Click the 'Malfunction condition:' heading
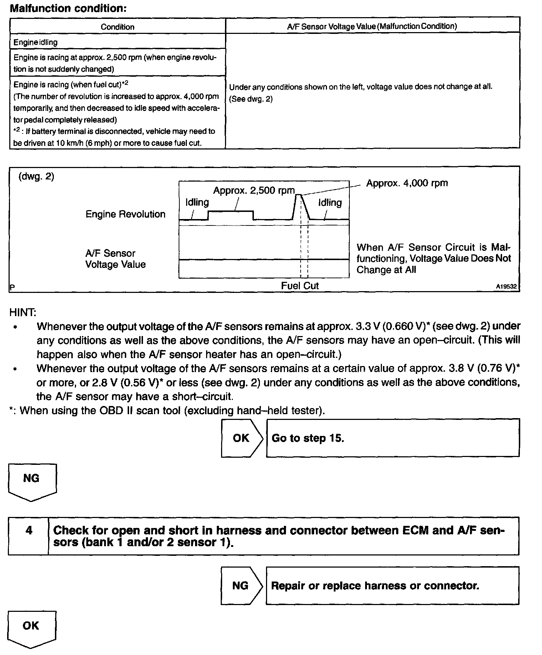click(68, 8)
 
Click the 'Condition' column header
click(117, 27)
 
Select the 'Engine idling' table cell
click(35, 42)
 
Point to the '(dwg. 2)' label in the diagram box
click(36, 177)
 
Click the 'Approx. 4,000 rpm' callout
click(407, 183)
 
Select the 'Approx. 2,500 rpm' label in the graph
click(254, 191)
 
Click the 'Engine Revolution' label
click(126, 214)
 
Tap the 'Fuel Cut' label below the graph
click(300, 285)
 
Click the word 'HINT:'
click(23, 312)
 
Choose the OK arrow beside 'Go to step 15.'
click(241, 438)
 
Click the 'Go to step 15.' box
click(393, 438)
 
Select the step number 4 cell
click(29, 530)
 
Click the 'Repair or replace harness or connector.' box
click(393, 585)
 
